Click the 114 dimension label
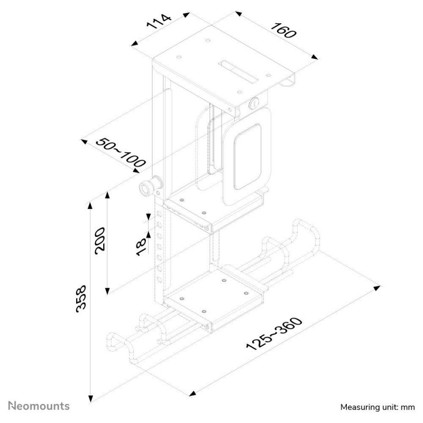pos(159,22)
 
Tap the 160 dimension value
pos(283,31)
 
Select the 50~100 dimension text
pos(121,152)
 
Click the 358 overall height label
pos(81,299)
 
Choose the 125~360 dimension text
pos(274,334)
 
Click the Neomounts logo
pos(39,406)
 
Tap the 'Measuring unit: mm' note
pos(378,407)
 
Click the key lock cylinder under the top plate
pos(254,103)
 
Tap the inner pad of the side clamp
pos(247,157)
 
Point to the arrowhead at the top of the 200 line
pos(107,195)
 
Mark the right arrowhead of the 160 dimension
pos(315,57)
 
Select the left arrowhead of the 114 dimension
pos(135,44)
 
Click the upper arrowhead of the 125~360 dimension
pos(377,288)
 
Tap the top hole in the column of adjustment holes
pos(160,215)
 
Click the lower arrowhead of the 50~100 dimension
pos(136,170)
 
